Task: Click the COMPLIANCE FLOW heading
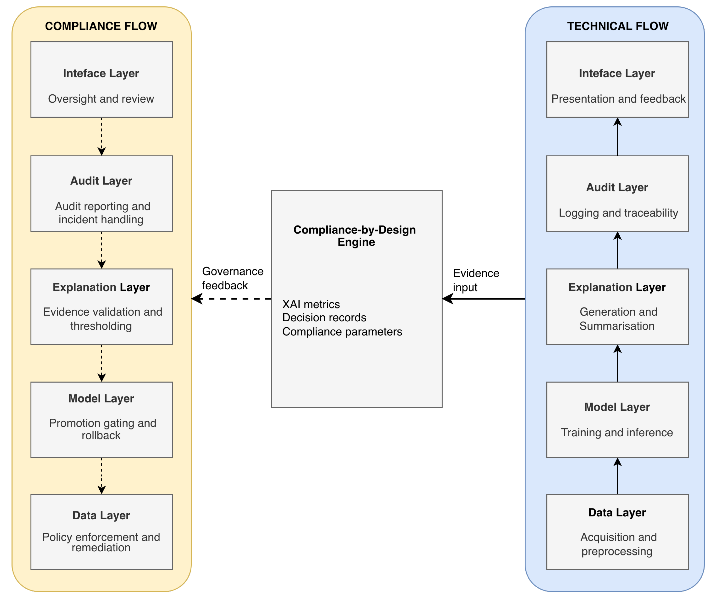(x=101, y=26)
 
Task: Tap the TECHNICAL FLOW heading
(x=618, y=26)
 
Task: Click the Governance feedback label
(x=232, y=278)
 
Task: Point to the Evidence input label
(x=476, y=280)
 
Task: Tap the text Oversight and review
(x=101, y=99)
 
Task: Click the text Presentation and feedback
(x=618, y=99)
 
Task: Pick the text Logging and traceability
(x=618, y=213)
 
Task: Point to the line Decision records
(x=324, y=317)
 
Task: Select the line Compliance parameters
(x=342, y=332)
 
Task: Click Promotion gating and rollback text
(x=102, y=429)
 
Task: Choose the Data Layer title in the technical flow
(x=617, y=512)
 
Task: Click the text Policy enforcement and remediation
(x=101, y=542)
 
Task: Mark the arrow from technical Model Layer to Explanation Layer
(x=618, y=363)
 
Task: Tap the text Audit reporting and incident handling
(x=102, y=213)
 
